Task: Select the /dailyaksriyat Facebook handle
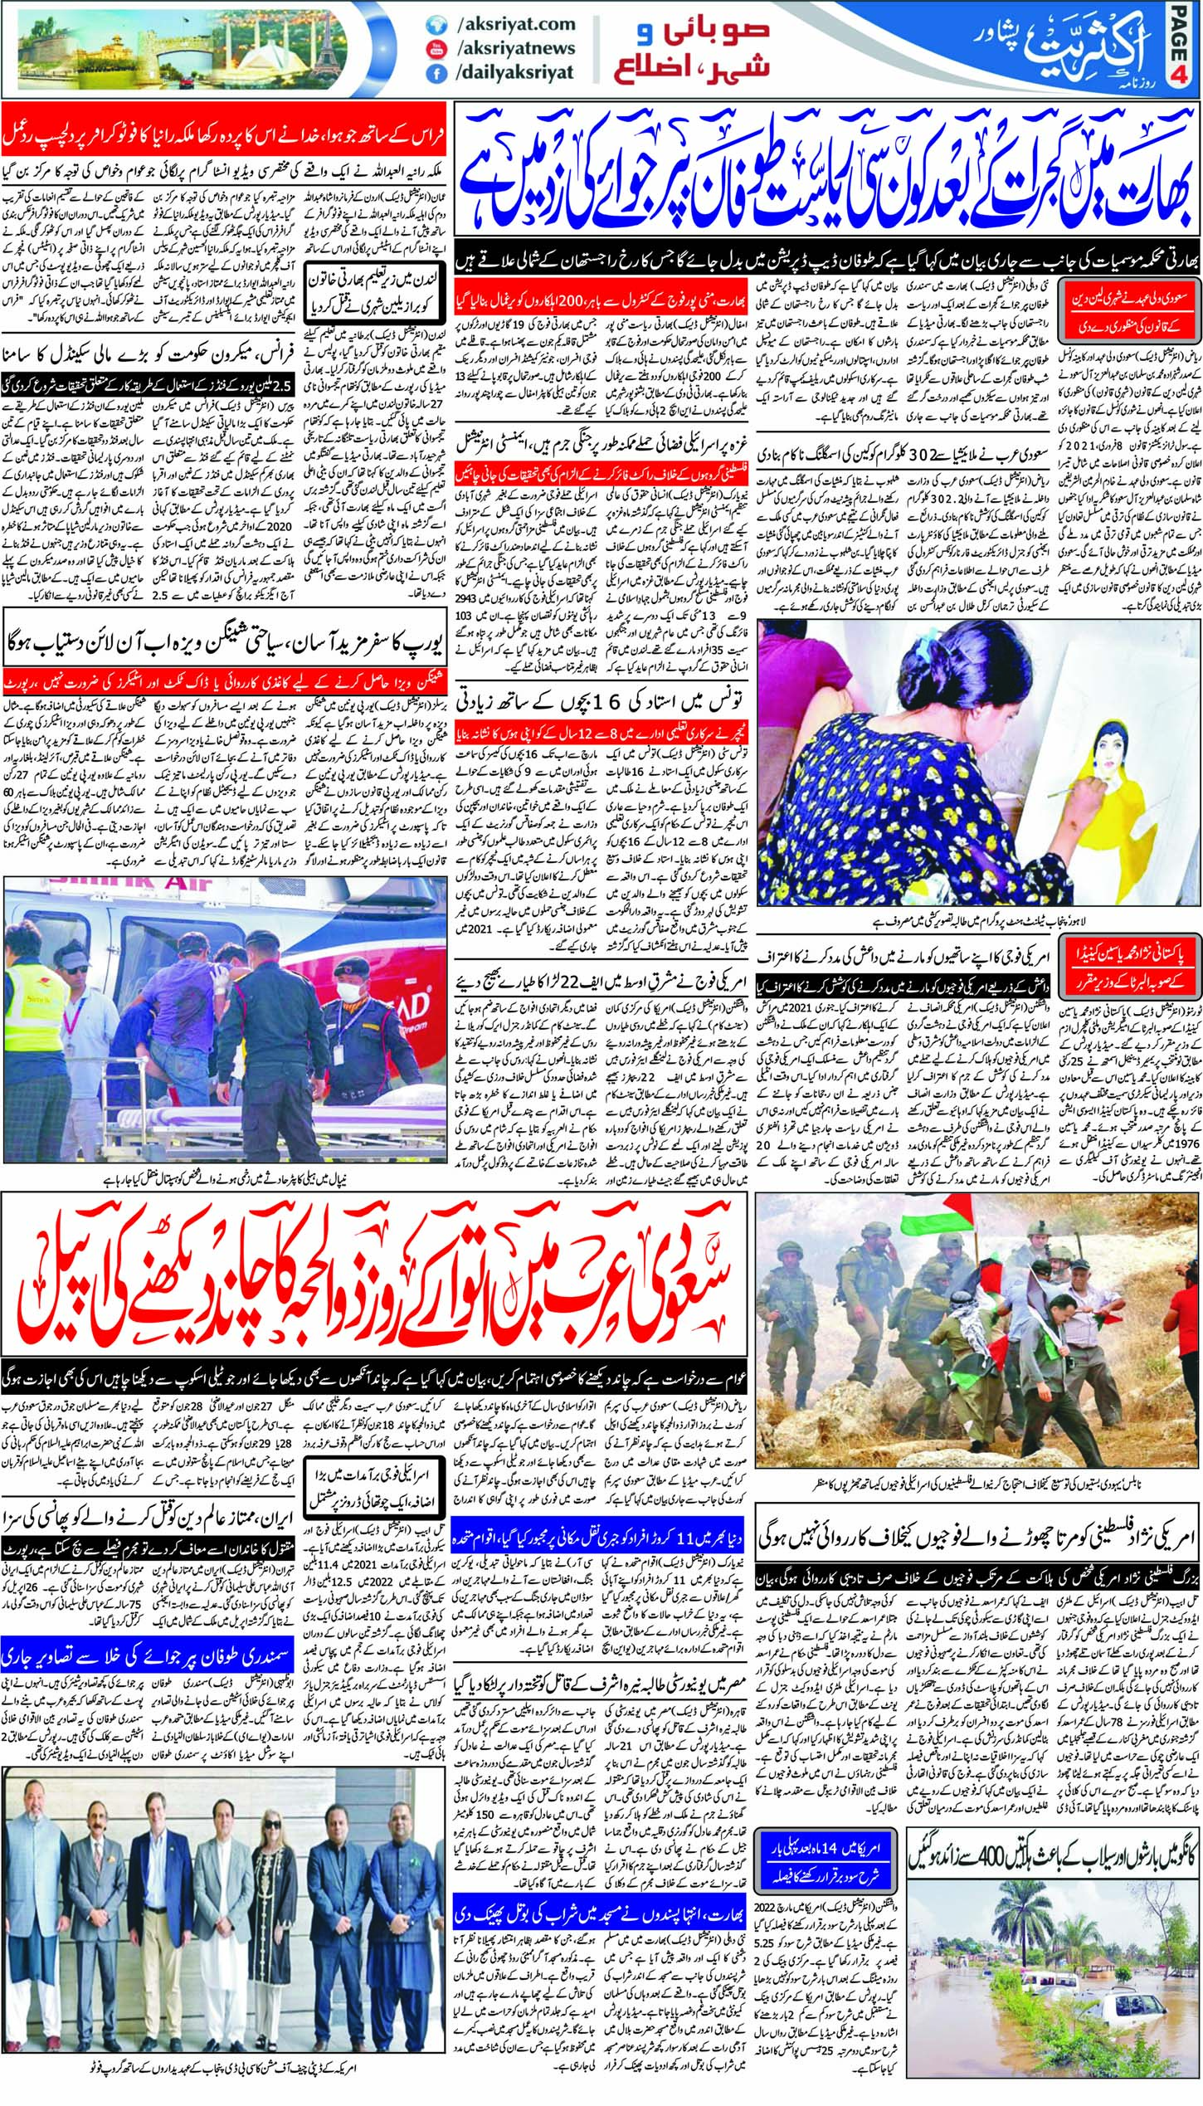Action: pos(514,72)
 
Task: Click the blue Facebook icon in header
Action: pos(431,73)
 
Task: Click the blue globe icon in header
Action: pos(431,26)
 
